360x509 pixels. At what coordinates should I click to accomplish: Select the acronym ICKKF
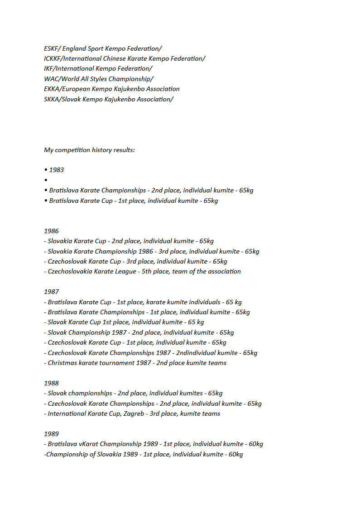(53, 58)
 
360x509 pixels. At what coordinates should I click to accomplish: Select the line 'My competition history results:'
(89, 150)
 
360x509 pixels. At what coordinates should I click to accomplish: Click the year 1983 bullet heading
(56, 170)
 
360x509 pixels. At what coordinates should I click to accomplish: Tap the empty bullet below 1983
(46, 180)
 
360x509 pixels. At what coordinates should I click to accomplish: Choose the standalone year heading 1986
(52, 231)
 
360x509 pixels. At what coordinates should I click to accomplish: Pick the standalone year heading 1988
(52, 383)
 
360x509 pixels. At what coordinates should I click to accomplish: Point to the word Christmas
(63, 363)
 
